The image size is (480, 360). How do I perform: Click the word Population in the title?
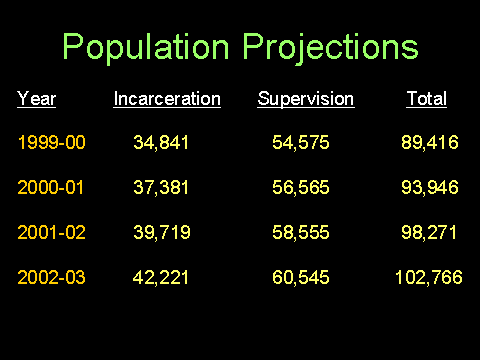146,47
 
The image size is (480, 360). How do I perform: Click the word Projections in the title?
330,47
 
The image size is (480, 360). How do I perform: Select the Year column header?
36,99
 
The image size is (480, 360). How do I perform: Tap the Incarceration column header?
167,99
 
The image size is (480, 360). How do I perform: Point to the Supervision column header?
306,99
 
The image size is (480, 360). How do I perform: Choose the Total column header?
426,99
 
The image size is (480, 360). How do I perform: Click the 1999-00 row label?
52,142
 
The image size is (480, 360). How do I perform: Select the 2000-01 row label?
51,187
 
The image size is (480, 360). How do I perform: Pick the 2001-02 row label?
52,232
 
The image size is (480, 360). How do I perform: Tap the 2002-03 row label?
52,277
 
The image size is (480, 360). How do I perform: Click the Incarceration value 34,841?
161,143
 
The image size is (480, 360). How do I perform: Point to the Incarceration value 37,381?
161,187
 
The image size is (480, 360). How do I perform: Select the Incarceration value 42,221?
161,278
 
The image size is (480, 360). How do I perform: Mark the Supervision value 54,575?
301,143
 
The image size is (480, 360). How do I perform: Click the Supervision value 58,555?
301,233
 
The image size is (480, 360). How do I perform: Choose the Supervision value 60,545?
301,278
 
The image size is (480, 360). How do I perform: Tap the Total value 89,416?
430,143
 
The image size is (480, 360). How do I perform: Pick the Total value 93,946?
430,187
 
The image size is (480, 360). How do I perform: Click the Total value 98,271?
429,233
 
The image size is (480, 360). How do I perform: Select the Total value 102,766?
429,278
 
